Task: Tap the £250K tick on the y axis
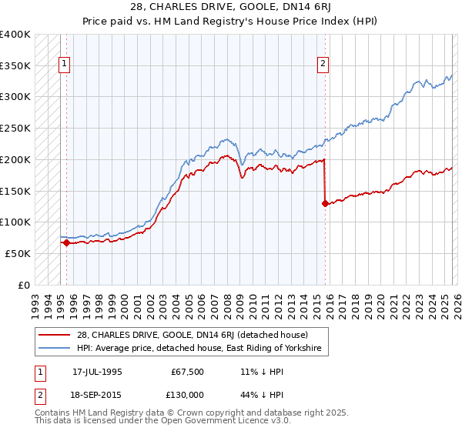point(15,129)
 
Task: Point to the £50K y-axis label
point(18,253)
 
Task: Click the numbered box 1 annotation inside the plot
point(64,64)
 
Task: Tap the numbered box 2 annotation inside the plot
point(323,64)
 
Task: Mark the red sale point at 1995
point(67,242)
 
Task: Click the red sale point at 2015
point(325,204)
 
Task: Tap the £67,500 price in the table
point(188,371)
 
